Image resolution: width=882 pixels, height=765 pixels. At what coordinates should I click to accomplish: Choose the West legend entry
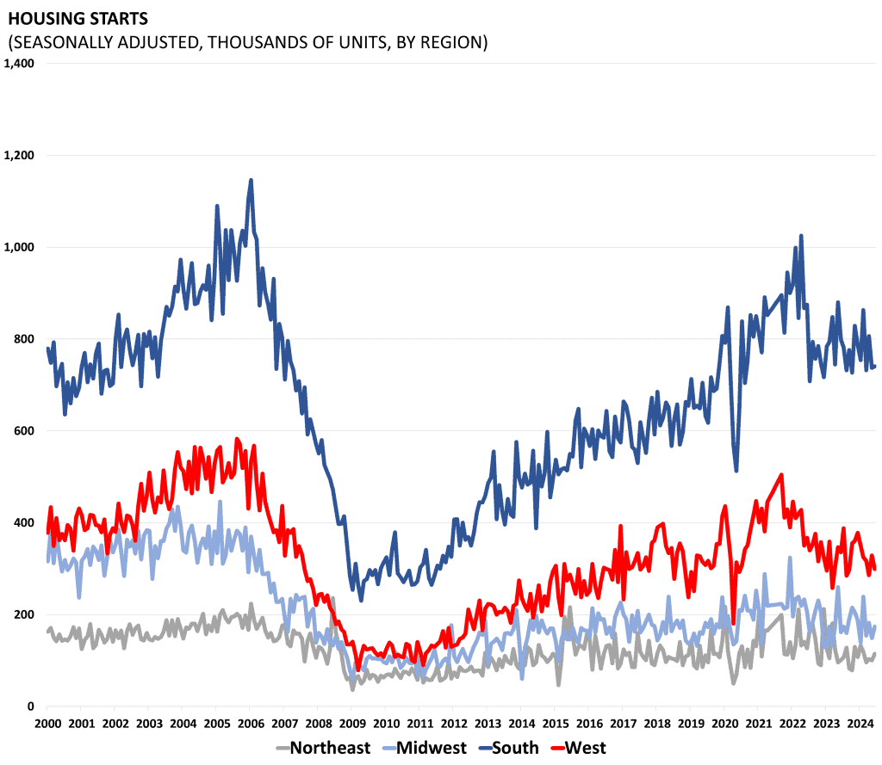pos(586,748)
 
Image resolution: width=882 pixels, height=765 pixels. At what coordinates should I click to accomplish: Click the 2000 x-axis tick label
pos(47,724)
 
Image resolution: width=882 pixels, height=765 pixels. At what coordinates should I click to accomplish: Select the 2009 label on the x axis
pos(351,724)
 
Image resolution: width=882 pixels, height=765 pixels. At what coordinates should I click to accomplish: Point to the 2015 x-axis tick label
pos(555,724)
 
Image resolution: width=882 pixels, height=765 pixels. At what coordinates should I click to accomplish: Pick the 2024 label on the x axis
pos(860,724)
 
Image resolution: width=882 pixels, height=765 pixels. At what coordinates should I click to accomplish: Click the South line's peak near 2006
pos(251,180)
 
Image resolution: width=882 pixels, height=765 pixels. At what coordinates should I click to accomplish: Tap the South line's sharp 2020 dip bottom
pos(736,471)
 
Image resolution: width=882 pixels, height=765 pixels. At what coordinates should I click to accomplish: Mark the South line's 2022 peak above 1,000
pos(801,235)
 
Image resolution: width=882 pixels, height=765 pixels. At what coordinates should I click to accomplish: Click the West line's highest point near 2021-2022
pos(781,474)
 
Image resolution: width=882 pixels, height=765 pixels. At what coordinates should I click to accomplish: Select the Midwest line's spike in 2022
pos(791,557)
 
